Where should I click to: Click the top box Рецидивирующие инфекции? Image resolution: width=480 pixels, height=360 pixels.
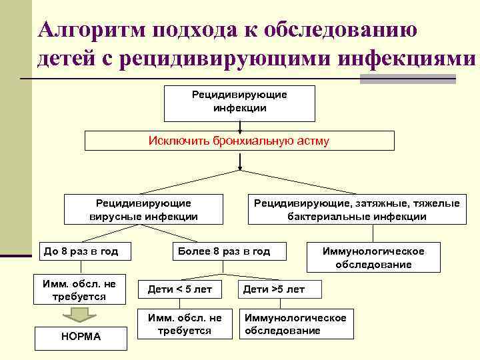(240, 101)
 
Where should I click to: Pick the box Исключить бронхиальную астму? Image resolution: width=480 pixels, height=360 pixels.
(240, 141)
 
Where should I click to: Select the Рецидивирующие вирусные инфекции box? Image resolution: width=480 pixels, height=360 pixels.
(143, 209)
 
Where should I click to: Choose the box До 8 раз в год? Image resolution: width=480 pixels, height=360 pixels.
(82, 251)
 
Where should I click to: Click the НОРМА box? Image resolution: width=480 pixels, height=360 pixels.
(82, 337)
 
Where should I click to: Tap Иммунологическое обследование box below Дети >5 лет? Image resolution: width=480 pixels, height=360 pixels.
(295, 324)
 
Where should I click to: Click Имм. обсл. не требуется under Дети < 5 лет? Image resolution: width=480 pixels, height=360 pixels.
(180, 324)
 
